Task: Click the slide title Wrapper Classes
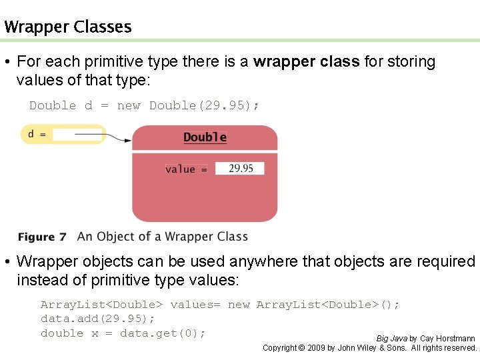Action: [67, 27]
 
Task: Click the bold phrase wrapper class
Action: [307, 62]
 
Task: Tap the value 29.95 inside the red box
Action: [241, 169]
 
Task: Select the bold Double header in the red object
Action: [205, 137]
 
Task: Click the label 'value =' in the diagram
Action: [185, 169]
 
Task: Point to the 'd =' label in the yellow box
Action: [37, 134]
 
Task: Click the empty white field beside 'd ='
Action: [77, 135]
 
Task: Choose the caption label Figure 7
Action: [42, 237]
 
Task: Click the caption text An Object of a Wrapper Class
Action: [162, 237]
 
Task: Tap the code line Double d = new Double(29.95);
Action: [144, 105]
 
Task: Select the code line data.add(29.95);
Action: [97, 319]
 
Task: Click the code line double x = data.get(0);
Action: [123, 333]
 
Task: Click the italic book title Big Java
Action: [391, 339]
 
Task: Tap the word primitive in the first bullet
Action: [121, 62]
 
